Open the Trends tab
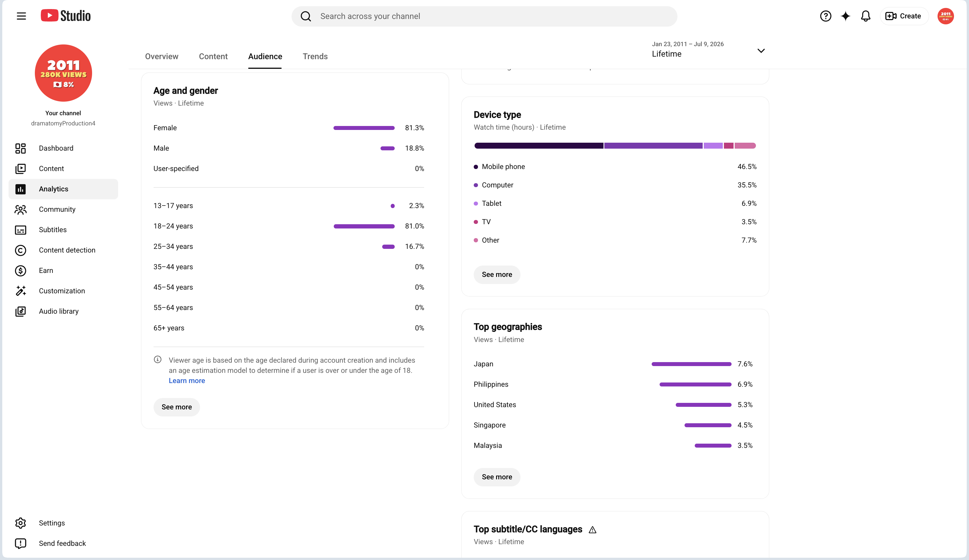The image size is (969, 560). (315, 57)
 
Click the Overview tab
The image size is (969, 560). (161, 57)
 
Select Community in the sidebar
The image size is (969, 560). (57, 209)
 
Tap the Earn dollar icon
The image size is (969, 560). (20, 271)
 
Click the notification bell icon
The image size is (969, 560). (866, 16)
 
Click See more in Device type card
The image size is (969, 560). (497, 274)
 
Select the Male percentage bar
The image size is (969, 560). (388, 148)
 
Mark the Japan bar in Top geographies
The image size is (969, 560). (691, 364)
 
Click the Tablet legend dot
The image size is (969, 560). (476, 203)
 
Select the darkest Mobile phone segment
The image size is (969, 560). (539, 146)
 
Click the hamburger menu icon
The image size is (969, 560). (22, 16)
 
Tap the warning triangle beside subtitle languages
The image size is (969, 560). (592, 530)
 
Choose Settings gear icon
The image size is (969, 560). (20, 523)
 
